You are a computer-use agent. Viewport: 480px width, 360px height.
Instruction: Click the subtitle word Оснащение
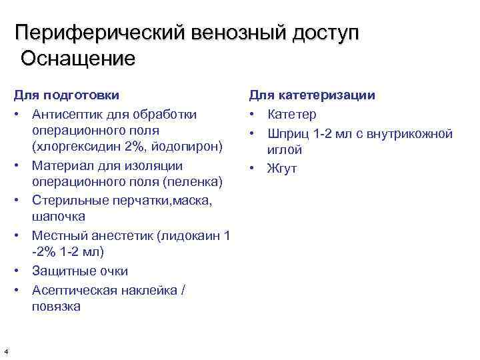78,59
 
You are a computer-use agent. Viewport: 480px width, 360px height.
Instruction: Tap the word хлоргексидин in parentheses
78,146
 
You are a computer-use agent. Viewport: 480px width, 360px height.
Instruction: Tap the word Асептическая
75,290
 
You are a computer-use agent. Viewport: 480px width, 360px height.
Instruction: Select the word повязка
55,307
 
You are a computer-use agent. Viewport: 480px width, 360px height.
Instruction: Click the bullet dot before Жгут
254,169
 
